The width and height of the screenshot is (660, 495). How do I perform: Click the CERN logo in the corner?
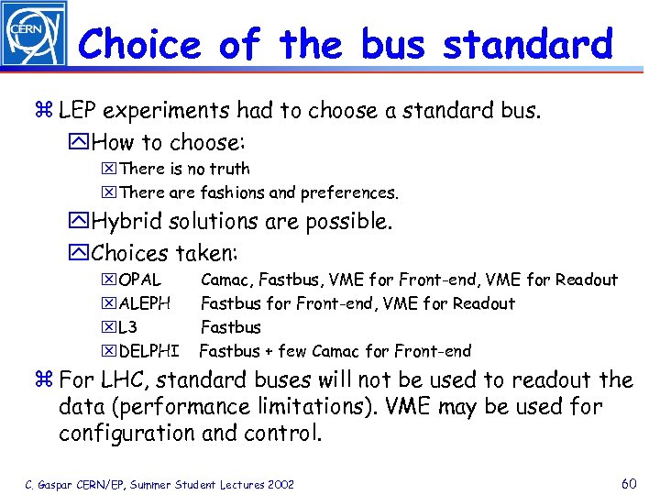pyautogui.click(x=33, y=34)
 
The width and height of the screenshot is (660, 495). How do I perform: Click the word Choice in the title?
pyautogui.click(x=139, y=43)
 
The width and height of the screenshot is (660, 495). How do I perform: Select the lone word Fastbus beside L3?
pyautogui.click(x=230, y=327)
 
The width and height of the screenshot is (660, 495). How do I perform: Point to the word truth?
pyautogui.click(x=229, y=169)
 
